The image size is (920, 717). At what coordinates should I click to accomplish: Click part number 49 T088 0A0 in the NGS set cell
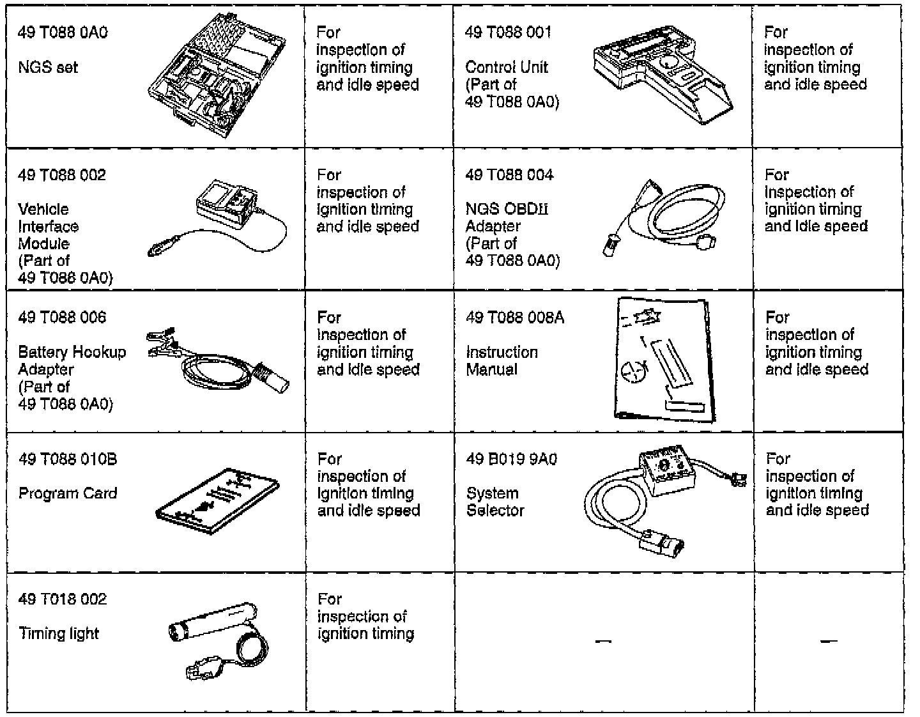(63, 33)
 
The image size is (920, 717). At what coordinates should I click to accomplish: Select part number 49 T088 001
(508, 33)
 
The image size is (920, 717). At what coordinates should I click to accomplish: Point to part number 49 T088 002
(62, 175)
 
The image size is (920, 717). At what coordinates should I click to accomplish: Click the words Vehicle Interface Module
(49, 226)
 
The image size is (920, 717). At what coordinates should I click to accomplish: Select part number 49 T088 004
(509, 175)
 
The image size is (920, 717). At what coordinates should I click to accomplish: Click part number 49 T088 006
(62, 318)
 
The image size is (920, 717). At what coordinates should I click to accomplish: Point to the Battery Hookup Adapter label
(72, 360)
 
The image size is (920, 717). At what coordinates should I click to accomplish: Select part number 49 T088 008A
(515, 318)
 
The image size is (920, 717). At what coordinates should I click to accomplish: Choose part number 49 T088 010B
(68, 459)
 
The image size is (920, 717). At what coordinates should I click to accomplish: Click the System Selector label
(494, 502)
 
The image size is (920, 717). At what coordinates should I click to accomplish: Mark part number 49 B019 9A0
(511, 459)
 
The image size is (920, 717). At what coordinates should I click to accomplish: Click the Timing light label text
(59, 634)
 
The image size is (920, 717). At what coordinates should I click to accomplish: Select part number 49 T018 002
(63, 599)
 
